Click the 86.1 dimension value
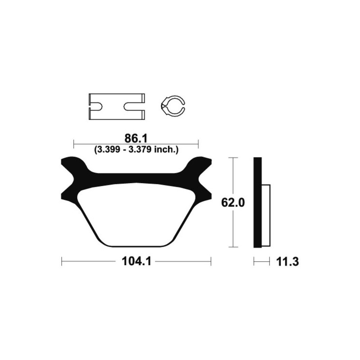(136, 139)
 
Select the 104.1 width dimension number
(136, 261)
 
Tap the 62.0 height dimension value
(233, 203)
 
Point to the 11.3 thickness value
(287, 262)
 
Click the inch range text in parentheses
(136, 150)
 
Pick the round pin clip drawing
(173, 106)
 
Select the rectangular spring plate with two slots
(117, 107)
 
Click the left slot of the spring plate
(96, 106)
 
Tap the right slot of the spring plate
(134, 106)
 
